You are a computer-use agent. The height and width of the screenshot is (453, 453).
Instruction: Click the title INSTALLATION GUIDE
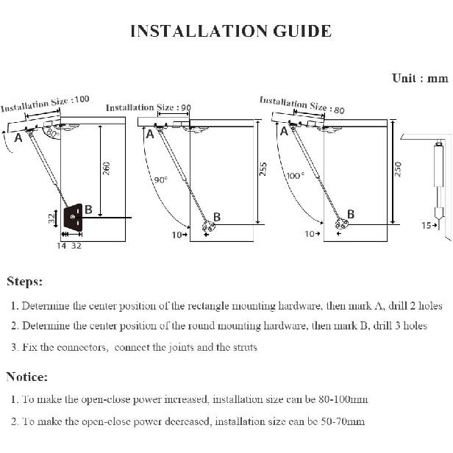click(x=230, y=32)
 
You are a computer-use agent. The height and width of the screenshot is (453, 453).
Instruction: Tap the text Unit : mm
click(x=420, y=79)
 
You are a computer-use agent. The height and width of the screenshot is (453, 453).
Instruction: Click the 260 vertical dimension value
click(x=107, y=168)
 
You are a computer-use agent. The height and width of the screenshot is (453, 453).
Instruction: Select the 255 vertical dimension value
click(x=263, y=169)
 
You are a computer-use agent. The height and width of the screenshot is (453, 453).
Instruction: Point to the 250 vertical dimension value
click(x=398, y=168)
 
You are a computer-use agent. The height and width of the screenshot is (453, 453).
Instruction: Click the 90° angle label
click(x=161, y=179)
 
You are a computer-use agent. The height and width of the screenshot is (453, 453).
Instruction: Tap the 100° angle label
click(x=295, y=176)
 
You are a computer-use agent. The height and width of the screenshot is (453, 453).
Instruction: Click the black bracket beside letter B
click(x=74, y=217)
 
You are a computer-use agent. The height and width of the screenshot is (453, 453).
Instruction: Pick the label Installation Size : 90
click(x=149, y=107)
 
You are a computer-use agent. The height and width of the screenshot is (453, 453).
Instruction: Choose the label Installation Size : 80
click(x=302, y=104)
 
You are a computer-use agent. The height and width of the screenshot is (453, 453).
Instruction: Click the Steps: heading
click(x=25, y=282)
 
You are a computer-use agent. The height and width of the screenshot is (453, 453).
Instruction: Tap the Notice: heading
click(x=27, y=377)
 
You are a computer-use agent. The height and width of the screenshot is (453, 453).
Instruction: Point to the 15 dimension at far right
click(x=426, y=226)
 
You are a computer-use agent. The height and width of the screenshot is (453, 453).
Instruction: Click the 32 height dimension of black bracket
click(x=51, y=218)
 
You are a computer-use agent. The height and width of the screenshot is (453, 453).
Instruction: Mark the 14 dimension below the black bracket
click(x=62, y=246)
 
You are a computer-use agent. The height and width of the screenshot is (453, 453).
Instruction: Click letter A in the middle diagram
click(x=150, y=135)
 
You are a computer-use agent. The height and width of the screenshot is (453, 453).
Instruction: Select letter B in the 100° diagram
click(x=351, y=214)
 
